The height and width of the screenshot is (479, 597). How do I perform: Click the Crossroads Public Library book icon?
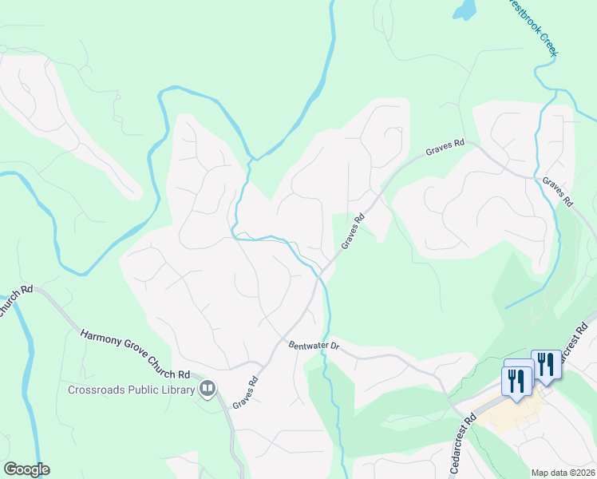pos(208,389)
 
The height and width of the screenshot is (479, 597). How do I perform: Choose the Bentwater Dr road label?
pos(314,345)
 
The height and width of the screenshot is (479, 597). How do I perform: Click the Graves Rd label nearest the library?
pos(247,393)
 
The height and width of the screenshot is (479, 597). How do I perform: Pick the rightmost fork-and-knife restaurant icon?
pos(546,364)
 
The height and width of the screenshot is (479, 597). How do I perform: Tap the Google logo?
pos(26,469)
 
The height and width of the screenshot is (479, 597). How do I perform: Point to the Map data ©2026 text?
pos(562,473)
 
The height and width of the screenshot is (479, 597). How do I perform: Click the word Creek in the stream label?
pos(546,45)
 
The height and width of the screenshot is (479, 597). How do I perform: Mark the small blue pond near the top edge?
pos(464,10)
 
